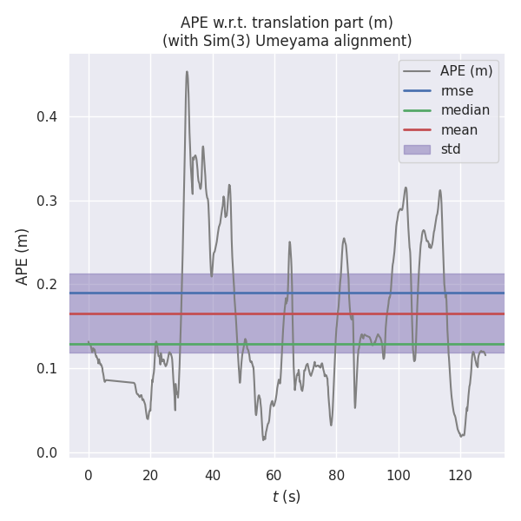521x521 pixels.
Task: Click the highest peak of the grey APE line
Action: (x=187, y=72)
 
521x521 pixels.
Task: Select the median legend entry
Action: (x=465, y=110)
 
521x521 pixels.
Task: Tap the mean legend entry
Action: (x=458, y=129)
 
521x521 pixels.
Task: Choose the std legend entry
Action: (x=451, y=149)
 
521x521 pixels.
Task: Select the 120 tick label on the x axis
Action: (x=460, y=475)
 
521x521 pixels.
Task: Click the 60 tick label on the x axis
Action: (x=274, y=475)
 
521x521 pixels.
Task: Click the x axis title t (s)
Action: (x=286, y=497)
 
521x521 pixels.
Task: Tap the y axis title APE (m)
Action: (x=23, y=256)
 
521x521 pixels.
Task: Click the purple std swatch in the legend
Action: (x=418, y=149)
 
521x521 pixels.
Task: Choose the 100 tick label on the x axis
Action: (x=398, y=475)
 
